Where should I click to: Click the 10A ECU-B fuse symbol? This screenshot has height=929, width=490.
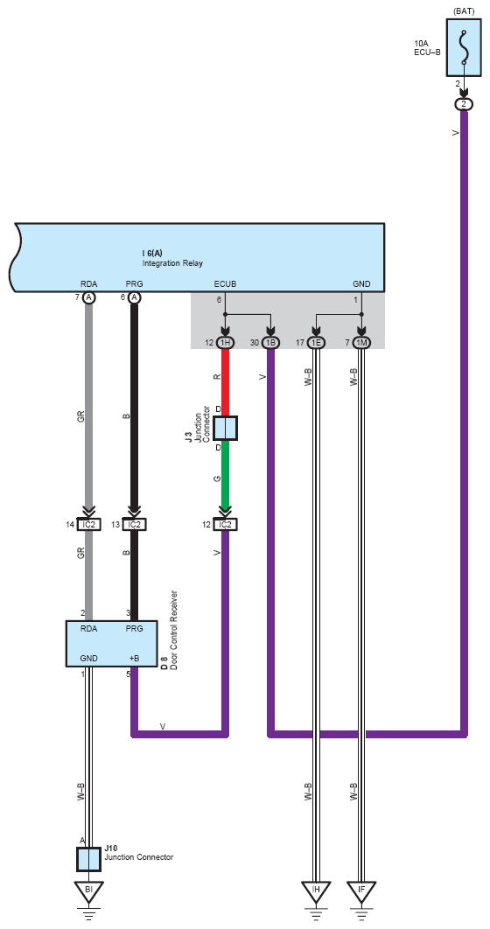point(464,48)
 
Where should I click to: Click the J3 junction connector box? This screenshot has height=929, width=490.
point(225,429)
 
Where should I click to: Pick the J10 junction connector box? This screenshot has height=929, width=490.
point(89,859)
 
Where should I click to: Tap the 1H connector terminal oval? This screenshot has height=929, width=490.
point(225,342)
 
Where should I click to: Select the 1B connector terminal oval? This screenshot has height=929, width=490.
point(270,342)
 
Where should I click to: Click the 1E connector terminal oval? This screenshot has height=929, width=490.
point(317,342)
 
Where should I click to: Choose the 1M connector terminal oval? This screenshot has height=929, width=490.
point(361,342)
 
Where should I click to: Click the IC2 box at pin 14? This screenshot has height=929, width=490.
point(89,524)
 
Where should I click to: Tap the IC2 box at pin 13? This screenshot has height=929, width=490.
point(135,524)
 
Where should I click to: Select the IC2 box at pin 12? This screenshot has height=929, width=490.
point(225,524)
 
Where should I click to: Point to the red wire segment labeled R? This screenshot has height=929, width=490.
point(225,382)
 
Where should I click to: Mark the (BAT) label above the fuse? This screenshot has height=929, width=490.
point(464,11)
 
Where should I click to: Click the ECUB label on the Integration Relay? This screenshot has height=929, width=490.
point(225,283)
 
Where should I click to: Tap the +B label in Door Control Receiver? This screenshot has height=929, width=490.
point(135,658)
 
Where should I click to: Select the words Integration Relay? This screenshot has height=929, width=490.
point(172,262)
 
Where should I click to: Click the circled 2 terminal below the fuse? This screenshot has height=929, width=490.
point(464,104)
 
